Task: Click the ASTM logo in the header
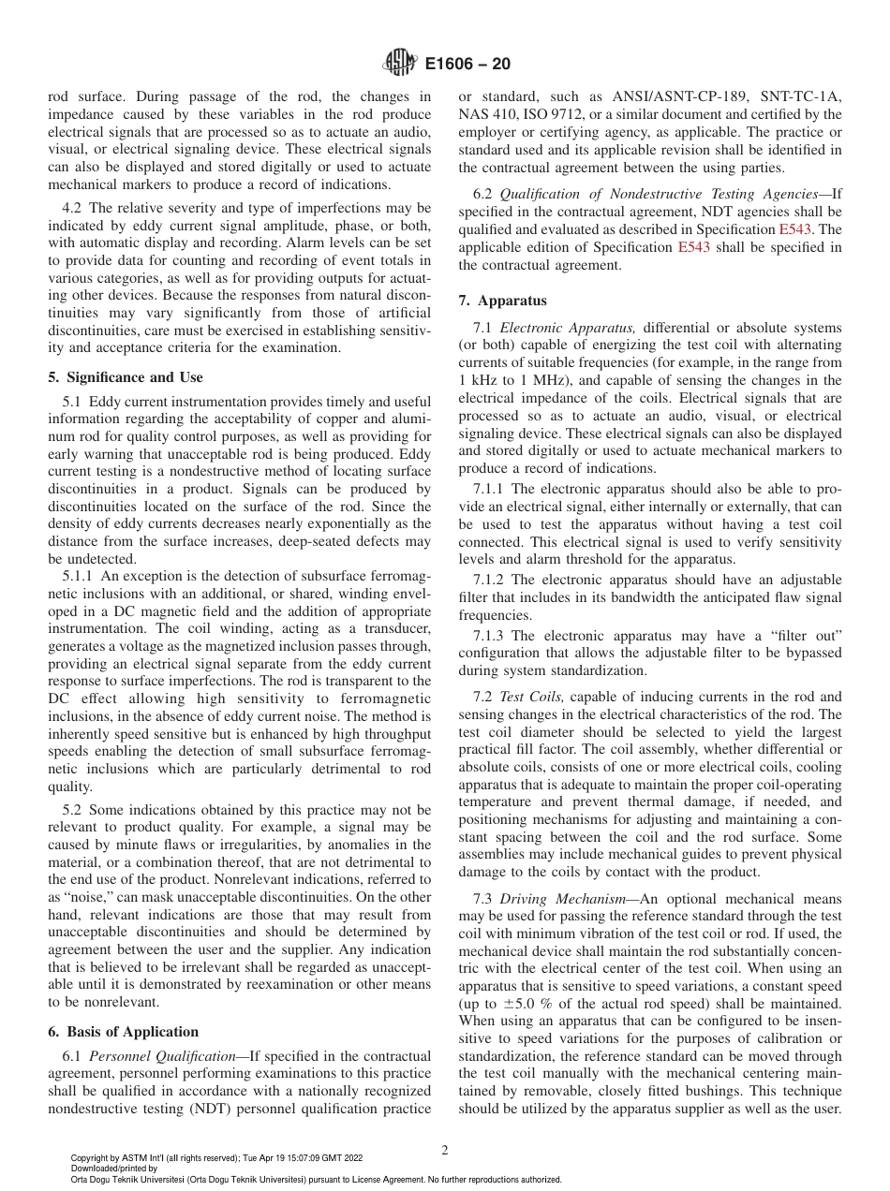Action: pyautogui.click(x=399, y=64)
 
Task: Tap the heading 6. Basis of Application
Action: pyautogui.click(x=123, y=1032)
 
